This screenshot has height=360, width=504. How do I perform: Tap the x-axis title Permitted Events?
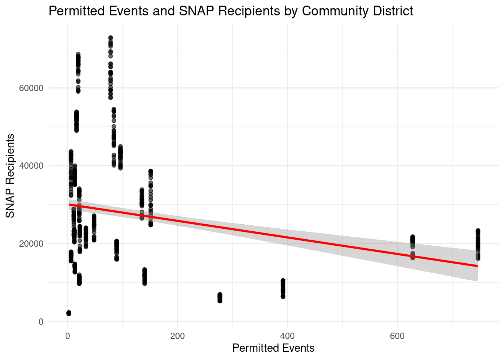(x=273, y=348)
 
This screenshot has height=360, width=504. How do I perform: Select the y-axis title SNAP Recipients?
(x=10, y=175)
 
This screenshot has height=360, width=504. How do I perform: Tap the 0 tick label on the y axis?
(x=41, y=321)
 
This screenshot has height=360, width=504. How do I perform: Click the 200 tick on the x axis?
(x=177, y=336)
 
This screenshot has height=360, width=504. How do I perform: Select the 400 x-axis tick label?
(x=287, y=336)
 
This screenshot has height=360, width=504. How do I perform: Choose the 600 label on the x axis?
(x=397, y=336)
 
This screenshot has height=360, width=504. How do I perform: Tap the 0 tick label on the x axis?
(x=67, y=336)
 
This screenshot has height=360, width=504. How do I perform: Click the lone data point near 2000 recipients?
(x=69, y=313)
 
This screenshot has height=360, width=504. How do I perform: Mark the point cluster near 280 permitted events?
(x=220, y=298)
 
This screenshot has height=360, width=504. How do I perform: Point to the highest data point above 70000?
(x=111, y=38)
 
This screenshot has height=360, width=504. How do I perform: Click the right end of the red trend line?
(x=477, y=266)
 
